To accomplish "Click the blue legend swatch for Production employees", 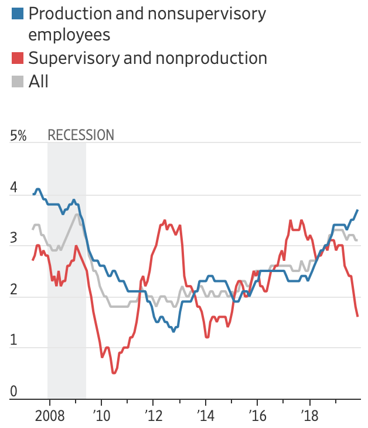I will tap(18, 13).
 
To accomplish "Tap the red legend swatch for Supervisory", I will tap(18, 58).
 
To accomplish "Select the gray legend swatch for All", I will tap(18, 81).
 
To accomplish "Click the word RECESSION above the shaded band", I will tap(81, 135).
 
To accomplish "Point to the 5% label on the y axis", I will tap(19, 135).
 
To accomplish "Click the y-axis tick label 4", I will tap(14, 189).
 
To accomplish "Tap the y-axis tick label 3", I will tap(14, 240).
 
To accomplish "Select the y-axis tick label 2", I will tap(14, 291).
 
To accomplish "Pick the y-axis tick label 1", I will tap(14, 342).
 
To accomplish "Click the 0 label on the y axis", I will tap(14, 392).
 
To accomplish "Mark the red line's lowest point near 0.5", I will tap(114, 373).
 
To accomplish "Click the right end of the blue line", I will tap(357, 210).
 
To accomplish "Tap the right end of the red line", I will tap(357, 317).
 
